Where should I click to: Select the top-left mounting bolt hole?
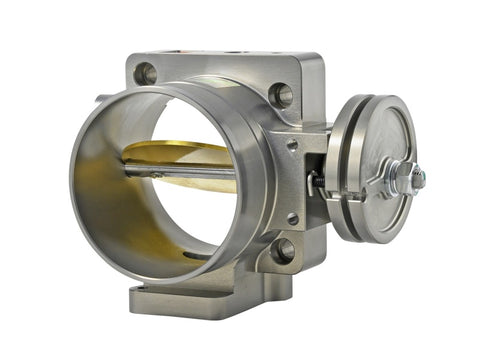click(146, 73)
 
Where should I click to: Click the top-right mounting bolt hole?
click(282, 95)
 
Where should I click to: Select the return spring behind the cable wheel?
click(325, 186)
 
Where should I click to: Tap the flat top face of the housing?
click(220, 59)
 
